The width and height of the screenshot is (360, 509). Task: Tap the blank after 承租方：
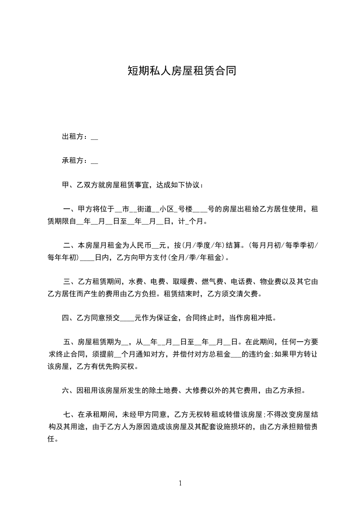tap(94, 161)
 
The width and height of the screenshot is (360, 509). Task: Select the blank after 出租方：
tap(94, 137)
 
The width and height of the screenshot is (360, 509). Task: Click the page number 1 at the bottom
tap(180, 484)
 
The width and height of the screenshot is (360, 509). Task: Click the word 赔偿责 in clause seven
tap(306, 427)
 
